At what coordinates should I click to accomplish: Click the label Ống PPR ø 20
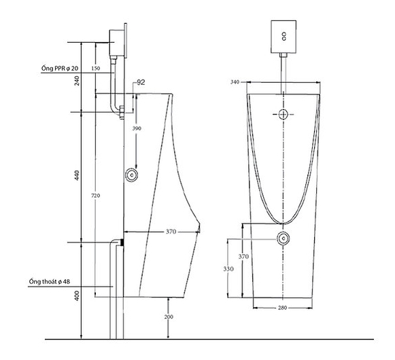(60, 68)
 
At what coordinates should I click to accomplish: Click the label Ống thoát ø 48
(50, 281)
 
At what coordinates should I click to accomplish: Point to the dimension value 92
(141, 82)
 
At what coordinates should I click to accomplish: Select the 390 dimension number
(137, 128)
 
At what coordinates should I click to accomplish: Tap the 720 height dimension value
(95, 196)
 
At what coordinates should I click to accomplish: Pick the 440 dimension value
(77, 175)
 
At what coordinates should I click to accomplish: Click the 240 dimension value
(77, 81)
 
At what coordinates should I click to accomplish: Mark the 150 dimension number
(96, 68)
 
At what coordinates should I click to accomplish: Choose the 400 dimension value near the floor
(77, 295)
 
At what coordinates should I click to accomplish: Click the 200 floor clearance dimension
(169, 317)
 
